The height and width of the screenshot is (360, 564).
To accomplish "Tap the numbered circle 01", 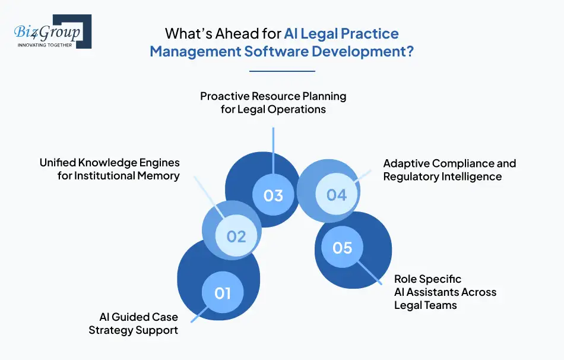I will pos(223,293).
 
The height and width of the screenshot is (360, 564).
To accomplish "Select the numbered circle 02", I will pos(236,236).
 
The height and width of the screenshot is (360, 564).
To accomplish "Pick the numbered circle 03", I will pos(273,195).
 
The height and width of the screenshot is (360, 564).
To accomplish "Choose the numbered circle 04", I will pos(337,194).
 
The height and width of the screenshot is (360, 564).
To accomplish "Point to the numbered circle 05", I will pos(343,247).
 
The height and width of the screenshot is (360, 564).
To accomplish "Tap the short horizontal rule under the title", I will pos(282,71).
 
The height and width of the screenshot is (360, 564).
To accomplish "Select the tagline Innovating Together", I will pos(45,45).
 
